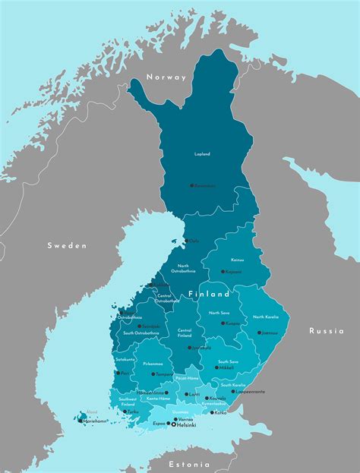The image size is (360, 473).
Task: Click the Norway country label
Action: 167,77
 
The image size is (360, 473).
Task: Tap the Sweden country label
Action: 67,245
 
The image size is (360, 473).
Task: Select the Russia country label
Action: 326,330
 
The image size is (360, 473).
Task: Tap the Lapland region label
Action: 202,154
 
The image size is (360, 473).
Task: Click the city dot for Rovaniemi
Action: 191,185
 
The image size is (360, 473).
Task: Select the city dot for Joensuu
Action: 258,333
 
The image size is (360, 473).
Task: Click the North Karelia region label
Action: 266,317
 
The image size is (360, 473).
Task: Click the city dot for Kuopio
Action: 222,323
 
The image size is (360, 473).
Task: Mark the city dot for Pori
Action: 117,373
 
